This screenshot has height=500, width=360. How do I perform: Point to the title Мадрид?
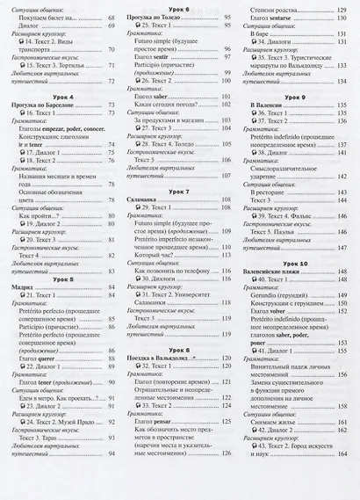[x=24, y=287]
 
